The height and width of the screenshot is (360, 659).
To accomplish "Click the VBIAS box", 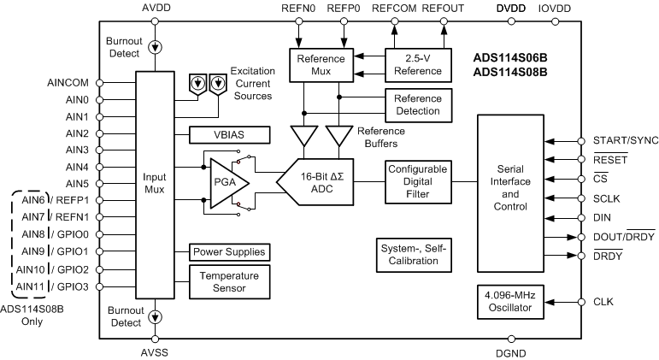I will click(229, 135).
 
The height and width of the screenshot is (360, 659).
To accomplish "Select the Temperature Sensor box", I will click(229, 281).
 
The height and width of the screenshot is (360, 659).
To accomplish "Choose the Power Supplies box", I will click(229, 252).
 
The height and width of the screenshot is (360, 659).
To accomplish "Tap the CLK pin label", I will click(603, 302).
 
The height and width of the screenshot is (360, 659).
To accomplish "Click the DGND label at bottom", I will click(509, 351).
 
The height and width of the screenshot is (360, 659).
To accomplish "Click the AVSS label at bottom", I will click(154, 351).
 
